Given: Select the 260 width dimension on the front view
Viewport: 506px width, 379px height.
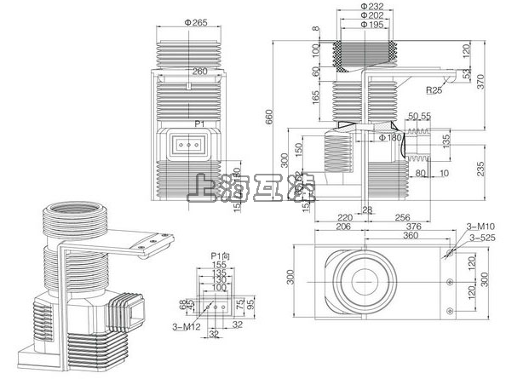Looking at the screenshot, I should tap(200, 72).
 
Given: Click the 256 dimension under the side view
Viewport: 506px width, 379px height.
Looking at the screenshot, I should tap(402, 217).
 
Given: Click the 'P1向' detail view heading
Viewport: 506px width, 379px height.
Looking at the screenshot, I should tap(221, 255).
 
